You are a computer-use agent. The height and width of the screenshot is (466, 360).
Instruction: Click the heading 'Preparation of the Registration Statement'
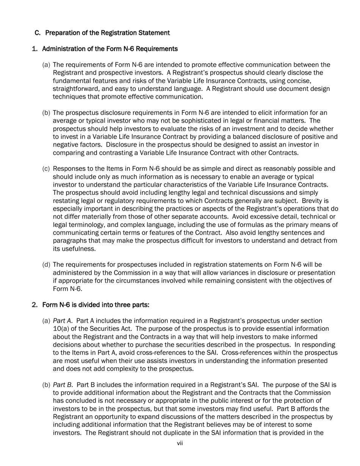[x=107, y=33]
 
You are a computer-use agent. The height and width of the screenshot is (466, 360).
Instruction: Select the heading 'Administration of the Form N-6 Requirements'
[x=110, y=49]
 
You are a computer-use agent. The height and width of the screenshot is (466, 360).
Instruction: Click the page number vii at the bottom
[x=180, y=443]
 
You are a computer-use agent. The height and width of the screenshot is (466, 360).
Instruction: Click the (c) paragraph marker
[x=46, y=169]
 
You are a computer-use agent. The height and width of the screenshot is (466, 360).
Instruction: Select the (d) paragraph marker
[x=46, y=265]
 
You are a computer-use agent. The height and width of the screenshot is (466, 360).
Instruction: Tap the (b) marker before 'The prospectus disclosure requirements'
[x=46, y=113]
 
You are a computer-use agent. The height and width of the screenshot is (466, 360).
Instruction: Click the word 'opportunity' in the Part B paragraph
[x=108, y=417]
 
